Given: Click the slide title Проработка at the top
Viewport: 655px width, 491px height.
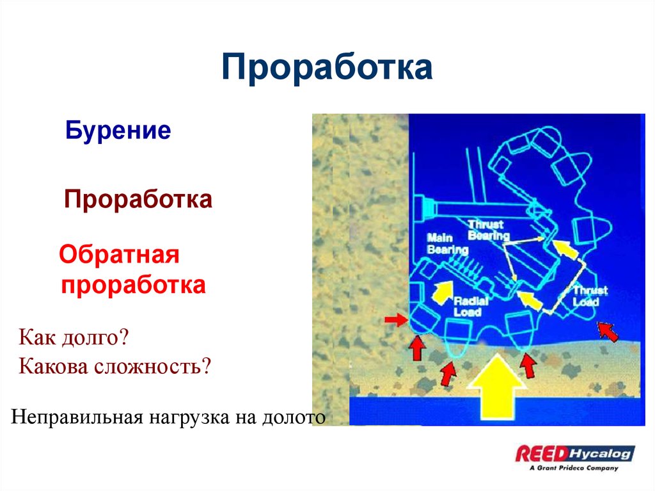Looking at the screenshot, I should tap(327, 68).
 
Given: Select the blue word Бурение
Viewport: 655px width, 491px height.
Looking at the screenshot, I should tap(118, 131).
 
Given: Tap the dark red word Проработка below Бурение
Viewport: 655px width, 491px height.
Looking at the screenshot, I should tap(138, 199).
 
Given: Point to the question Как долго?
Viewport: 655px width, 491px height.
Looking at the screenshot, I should tap(74, 337).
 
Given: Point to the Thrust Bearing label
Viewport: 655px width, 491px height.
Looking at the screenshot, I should tap(487, 230).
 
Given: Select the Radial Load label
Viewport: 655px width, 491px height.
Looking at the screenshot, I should tap(471, 307).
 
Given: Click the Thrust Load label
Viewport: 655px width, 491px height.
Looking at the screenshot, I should tap(590, 296).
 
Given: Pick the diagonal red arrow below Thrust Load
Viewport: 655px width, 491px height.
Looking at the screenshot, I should tap(608, 330).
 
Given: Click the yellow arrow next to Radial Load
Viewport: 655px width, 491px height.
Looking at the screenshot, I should tap(440, 291).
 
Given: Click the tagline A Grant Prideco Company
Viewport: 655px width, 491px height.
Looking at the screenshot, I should tap(574, 468).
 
